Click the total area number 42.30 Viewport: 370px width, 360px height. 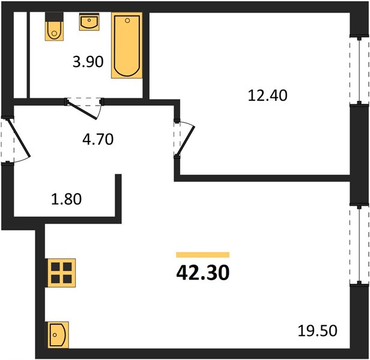pyautogui.click(x=202, y=273)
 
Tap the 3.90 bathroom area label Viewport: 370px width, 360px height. pyautogui.click(x=88, y=62)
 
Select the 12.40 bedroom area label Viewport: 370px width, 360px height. pyautogui.click(x=268, y=95)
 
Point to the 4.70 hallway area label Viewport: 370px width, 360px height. pyautogui.click(x=98, y=139)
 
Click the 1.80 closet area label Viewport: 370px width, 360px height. pyautogui.click(x=66, y=199)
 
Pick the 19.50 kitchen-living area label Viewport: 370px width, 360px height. pyautogui.click(x=317, y=331)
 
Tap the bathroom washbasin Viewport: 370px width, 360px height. pyautogui.click(x=89, y=22)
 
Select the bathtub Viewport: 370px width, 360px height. pyautogui.click(x=127, y=45)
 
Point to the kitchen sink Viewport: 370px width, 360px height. pyautogui.click(x=58, y=335)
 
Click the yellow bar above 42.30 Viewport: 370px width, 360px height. pyautogui.click(x=202, y=255)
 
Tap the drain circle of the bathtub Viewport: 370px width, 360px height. pyautogui.click(x=127, y=20)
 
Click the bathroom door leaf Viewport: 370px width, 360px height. pyautogui.click(x=82, y=110)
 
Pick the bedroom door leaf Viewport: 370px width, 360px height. pyautogui.click(x=186, y=141)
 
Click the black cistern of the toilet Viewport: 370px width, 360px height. pyautogui.click(x=54, y=17)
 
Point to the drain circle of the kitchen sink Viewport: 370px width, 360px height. pyautogui.click(x=55, y=335)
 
